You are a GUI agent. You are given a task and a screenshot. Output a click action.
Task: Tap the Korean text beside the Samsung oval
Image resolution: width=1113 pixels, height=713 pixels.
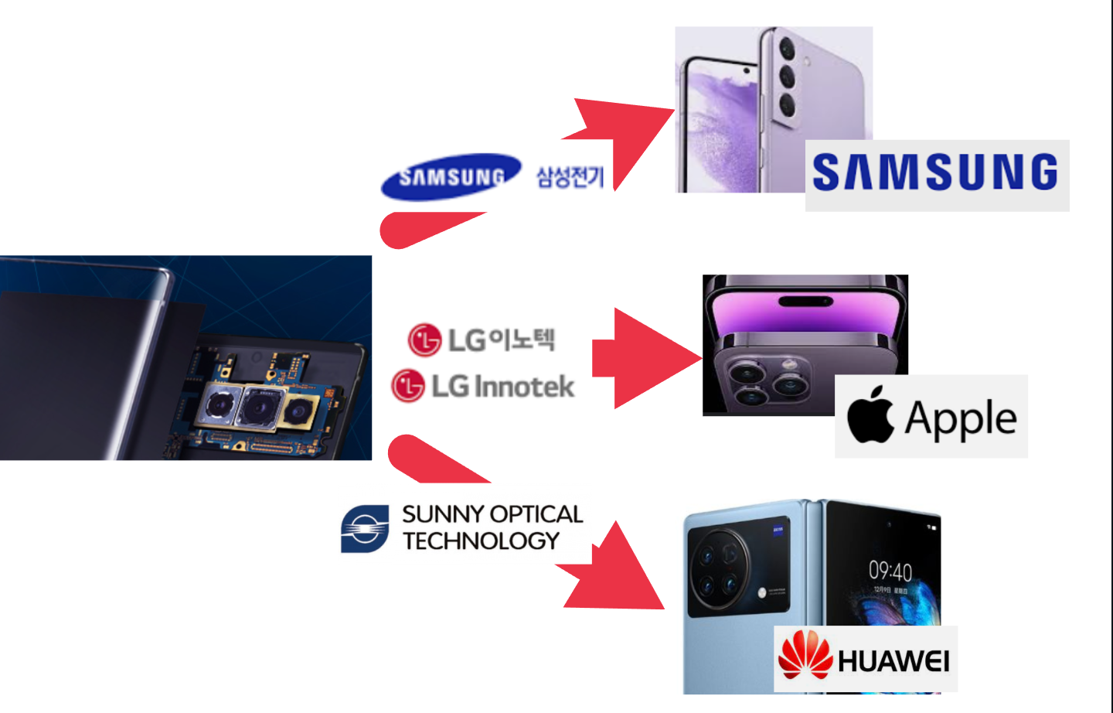point(570,177)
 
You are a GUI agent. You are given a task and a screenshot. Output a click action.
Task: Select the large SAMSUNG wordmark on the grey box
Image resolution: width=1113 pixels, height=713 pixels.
point(935,172)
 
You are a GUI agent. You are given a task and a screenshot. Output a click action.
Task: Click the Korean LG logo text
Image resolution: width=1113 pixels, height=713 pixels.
point(482,339)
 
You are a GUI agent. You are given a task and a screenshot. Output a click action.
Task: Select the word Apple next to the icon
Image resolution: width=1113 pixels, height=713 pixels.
point(961,419)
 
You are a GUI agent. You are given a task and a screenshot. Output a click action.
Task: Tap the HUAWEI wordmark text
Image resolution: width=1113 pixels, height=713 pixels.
point(893,661)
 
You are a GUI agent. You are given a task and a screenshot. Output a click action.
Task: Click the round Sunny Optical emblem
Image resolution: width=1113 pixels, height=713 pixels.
point(365,529)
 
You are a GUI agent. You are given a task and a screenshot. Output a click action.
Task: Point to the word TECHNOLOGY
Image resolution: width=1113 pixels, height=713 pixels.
point(481,541)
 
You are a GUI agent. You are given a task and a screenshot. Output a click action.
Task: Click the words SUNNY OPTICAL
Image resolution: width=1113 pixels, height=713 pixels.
point(492,514)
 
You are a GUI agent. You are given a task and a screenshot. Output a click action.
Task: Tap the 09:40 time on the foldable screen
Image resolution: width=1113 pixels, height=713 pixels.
point(890,571)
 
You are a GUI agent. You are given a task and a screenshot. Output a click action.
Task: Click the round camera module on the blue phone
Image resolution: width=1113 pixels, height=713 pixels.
point(717,569)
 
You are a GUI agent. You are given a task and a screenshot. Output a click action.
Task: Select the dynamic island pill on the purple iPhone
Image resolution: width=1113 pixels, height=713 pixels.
point(805,301)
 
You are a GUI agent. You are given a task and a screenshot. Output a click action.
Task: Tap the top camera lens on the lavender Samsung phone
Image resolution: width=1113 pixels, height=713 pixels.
point(787,49)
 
